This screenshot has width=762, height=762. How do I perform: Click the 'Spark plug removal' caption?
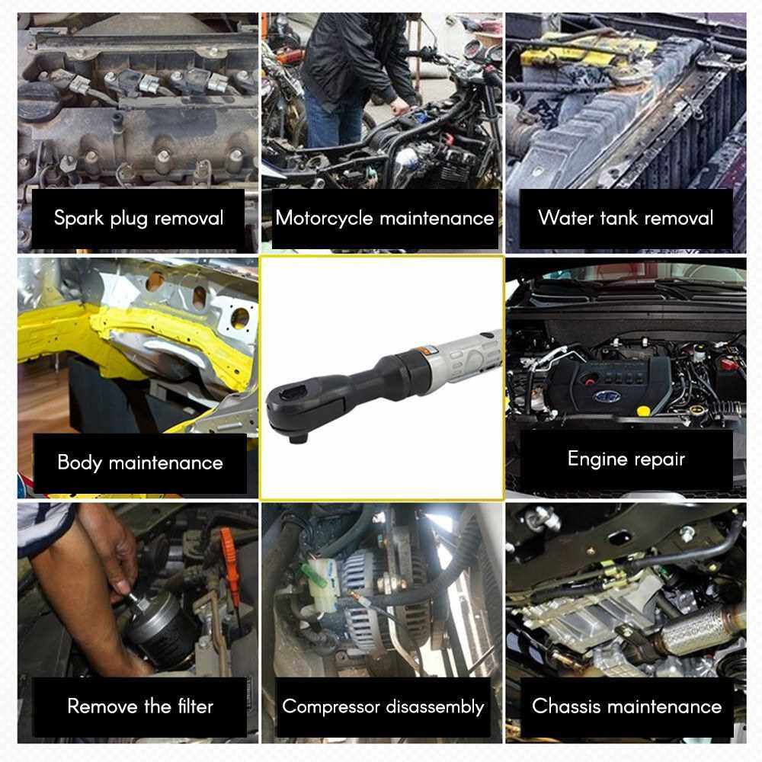coord(139,218)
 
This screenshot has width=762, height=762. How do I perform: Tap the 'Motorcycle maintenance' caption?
coord(384,218)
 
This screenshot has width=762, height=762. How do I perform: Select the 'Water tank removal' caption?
coord(626,218)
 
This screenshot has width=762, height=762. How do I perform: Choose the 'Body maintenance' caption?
coord(140,463)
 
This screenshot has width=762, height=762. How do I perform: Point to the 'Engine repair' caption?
coord(626,459)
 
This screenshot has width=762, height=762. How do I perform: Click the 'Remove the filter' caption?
coord(140,706)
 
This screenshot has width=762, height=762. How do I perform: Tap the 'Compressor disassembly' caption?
coord(383,706)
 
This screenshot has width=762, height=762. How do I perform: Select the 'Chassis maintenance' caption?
coord(626,706)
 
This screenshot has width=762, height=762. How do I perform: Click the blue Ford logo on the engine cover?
coord(607,396)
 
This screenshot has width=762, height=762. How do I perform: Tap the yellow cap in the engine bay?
coord(643,411)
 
